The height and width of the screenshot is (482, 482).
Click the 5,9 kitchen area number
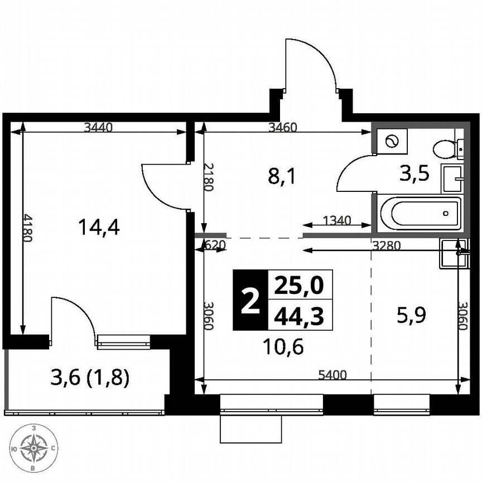point(412,316)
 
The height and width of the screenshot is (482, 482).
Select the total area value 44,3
point(300,316)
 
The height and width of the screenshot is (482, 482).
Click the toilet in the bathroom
point(446,149)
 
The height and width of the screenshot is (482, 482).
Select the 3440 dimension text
point(98,127)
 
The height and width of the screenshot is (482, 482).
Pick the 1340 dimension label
point(338,220)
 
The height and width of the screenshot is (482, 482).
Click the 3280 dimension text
point(386,244)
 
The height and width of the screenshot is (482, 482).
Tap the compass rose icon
point(35,447)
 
